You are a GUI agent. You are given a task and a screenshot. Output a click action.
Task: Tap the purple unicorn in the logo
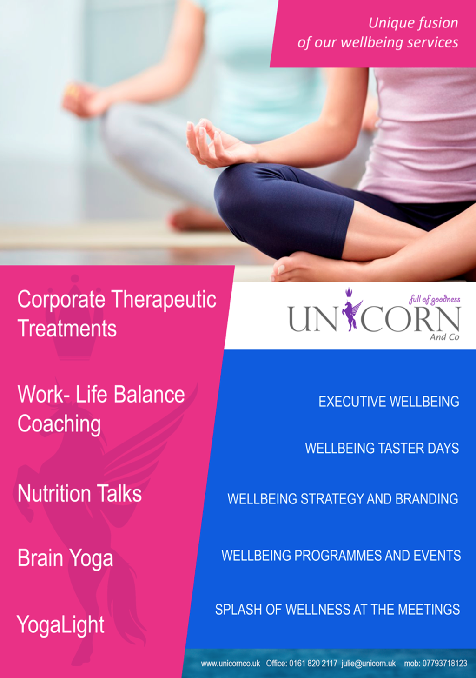(352, 315)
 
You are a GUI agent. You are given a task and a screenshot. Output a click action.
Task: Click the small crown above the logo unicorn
(350, 292)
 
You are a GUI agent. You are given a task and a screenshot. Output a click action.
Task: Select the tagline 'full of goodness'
(435, 300)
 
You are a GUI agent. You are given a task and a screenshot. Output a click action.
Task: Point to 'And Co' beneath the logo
(444, 337)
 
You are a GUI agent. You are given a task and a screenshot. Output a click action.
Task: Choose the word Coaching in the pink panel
(59, 424)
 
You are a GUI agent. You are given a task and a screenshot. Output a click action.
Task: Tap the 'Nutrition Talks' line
(79, 494)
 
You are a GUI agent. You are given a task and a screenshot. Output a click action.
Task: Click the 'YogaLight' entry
(60, 625)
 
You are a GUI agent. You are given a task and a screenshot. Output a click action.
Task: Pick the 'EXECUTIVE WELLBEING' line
(389, 402)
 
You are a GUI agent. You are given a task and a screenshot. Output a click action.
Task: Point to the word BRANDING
(427, 499)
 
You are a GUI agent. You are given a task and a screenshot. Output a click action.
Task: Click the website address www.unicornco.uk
(231, 664)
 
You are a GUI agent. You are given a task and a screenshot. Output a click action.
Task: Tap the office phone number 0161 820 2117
(313, 664)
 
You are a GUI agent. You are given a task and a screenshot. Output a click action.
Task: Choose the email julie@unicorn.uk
(368, 664)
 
